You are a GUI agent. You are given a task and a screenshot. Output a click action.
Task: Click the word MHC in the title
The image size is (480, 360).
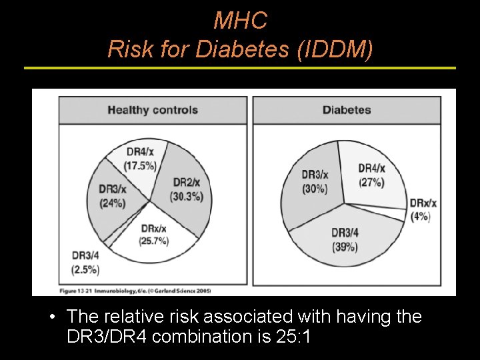(x=240, y=21)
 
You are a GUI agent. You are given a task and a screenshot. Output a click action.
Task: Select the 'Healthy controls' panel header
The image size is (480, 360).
(x=153, y=110)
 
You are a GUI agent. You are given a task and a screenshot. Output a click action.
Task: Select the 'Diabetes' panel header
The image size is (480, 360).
(x=347, y=110)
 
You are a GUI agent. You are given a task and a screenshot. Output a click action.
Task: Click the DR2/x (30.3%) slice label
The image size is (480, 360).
(x=187, y=189)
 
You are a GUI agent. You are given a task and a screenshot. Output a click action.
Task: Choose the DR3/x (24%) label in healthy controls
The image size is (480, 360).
(x=113, y=197)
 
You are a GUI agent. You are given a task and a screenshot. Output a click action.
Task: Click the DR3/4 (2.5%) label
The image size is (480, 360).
(x=85, y=263)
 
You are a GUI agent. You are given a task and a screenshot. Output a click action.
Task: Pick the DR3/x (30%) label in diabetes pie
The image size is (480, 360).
(x=315, y=181)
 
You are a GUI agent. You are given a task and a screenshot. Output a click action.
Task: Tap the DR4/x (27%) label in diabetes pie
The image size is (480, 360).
(x=372, y=175)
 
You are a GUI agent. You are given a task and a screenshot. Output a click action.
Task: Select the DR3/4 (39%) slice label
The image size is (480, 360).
(x=344, y=239)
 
